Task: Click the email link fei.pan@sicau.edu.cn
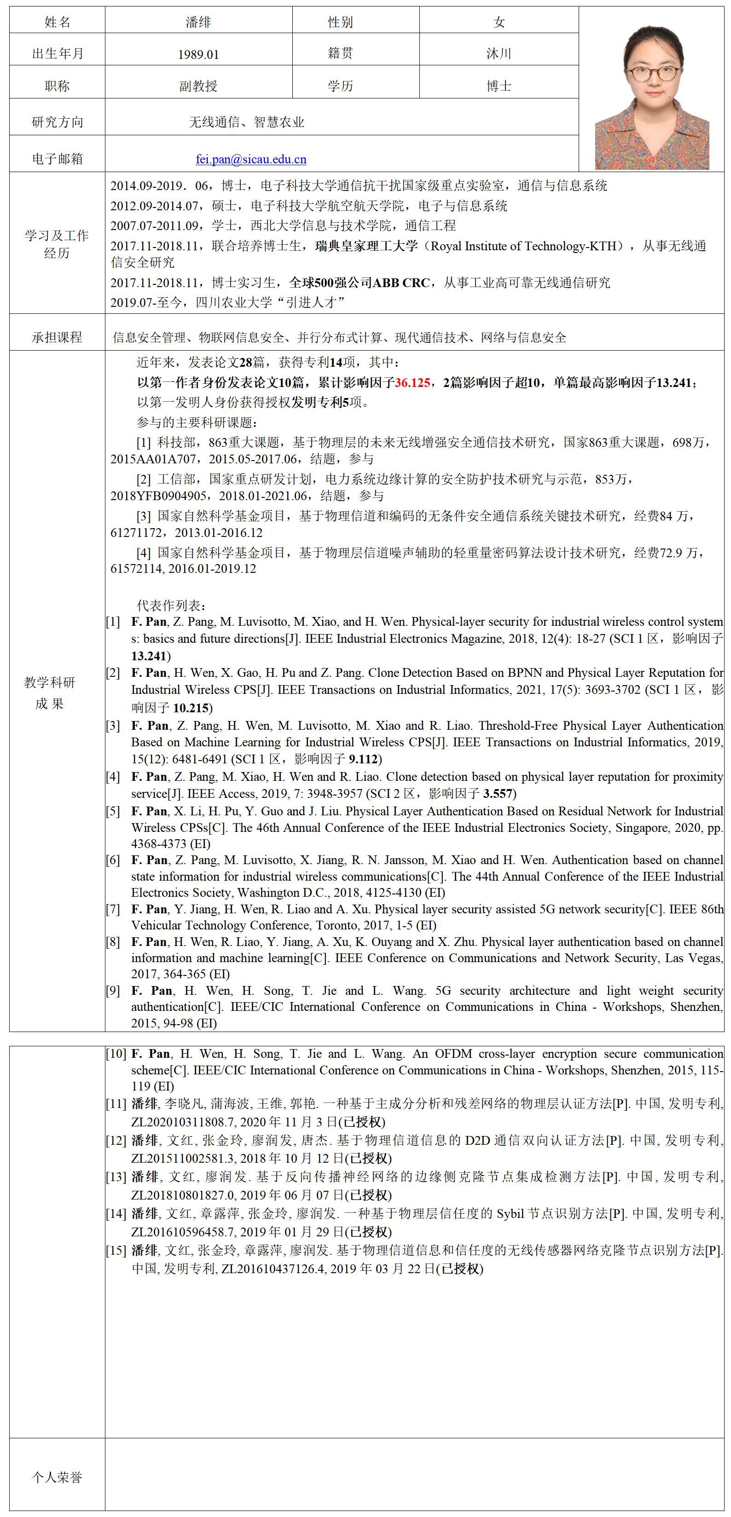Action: coord(251,159)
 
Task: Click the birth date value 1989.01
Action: coord(198,55)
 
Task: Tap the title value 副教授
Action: coord(198,87)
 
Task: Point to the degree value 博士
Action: coord(499,87)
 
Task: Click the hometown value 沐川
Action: coord(499,53)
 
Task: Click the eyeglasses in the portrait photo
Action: coord(653,73)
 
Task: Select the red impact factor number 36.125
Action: coord(412,383)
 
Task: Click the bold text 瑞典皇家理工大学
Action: coord(366,246)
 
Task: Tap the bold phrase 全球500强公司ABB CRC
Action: coord(360,283)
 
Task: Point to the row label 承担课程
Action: coord(57,337)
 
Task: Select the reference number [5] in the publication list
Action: coord(112,812)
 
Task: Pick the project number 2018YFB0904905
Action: coord(158,496)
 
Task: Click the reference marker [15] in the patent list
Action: coord(116,1251)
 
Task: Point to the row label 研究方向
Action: coord(57,122)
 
